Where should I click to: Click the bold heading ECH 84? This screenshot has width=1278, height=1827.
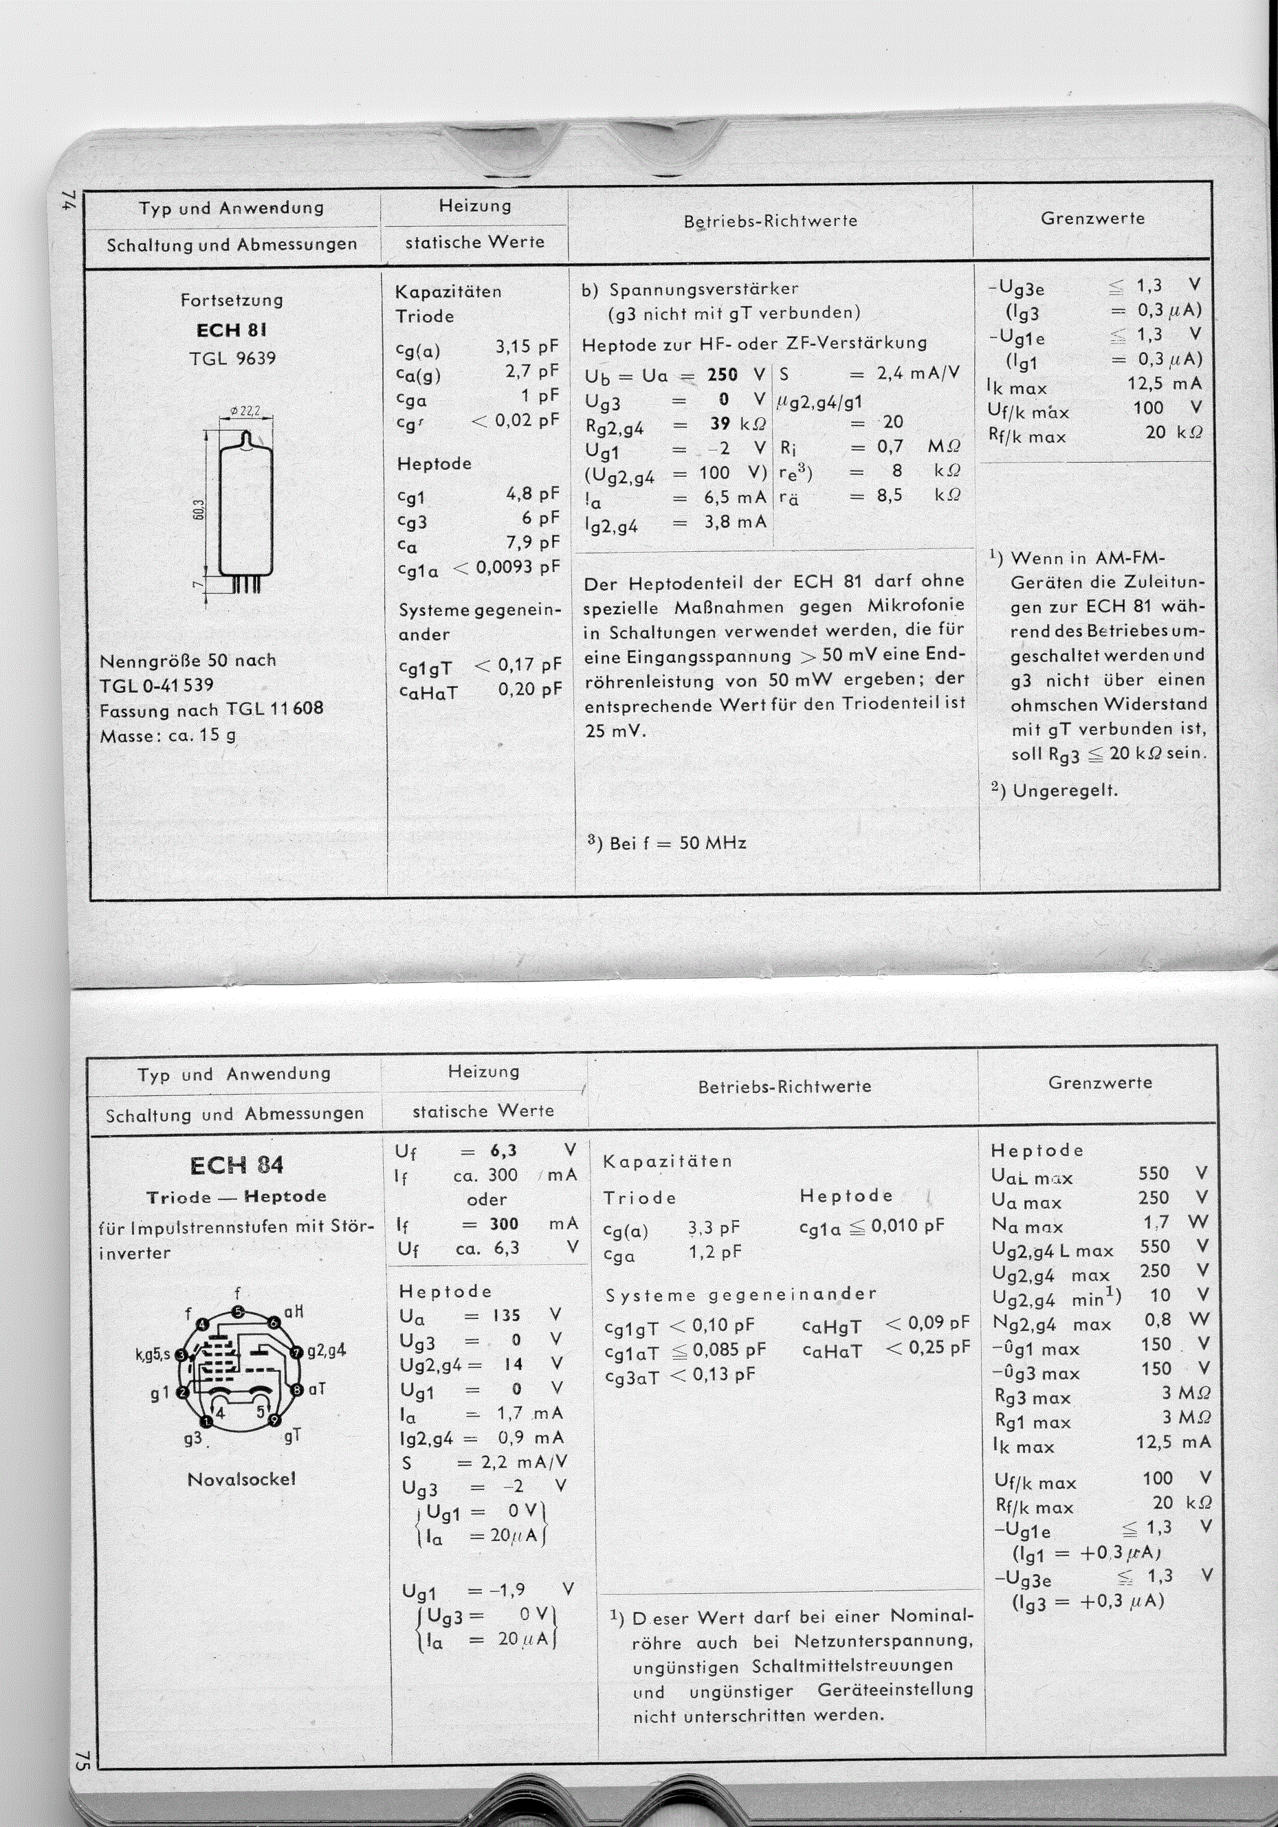tap(236, 1166)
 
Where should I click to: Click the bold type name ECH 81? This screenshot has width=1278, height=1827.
tap(232, 330)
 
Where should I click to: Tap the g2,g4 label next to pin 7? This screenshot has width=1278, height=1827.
tap(327, 1351)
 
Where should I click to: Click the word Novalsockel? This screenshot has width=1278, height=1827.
tap(241, 1479)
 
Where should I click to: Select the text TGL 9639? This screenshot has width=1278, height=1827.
tap(232, 358)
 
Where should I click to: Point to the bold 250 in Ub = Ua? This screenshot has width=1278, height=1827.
tap(722, 374)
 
